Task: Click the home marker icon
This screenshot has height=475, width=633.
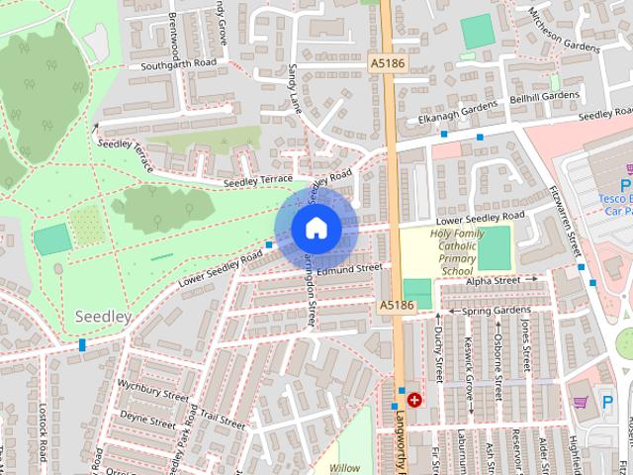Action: click(316, 228)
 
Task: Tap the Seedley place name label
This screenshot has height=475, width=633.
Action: click(103, 316)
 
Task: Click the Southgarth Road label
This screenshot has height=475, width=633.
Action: click(179, 63)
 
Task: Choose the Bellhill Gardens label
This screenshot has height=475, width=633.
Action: click(545, 96)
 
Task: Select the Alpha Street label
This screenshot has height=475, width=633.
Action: click(494, 281)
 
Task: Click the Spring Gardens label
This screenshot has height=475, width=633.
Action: click(497, 311)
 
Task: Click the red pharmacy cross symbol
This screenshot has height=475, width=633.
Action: click(414, 401)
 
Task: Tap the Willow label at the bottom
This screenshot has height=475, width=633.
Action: click(345, 467)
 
